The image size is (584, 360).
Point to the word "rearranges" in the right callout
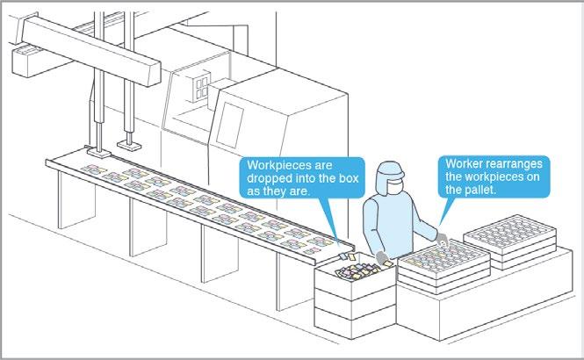pos(514,164)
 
